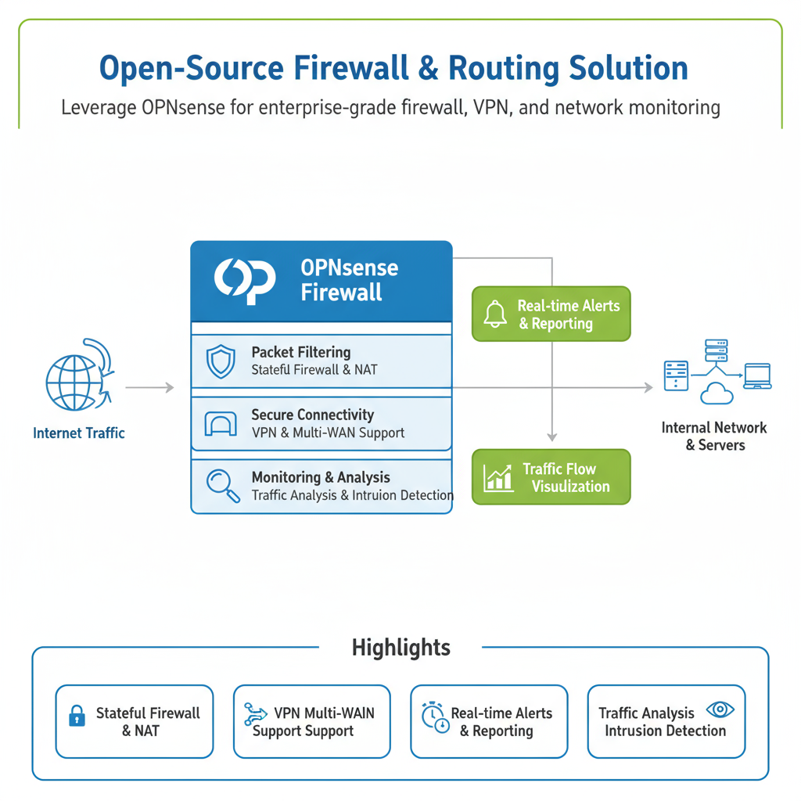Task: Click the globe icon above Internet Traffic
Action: click(74, 383)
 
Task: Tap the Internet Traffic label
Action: click(79, 433)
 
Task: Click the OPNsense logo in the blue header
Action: click(245, 281)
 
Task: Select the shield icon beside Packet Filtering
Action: click(220, 361)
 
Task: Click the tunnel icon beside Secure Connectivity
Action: click(220, 424)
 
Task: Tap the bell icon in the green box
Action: click(495, 314)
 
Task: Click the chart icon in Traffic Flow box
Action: click(498, 477)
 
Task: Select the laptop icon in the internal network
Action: click(757, 375)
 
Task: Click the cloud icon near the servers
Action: click(717, 393)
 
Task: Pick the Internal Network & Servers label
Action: click(714, 436)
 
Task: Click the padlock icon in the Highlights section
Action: click(77, 717)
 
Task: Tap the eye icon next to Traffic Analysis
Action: click(720, 709)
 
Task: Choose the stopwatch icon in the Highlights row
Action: click(434, 717)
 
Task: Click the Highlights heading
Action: click(401, 648)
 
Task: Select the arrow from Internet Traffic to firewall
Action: click(149, 387)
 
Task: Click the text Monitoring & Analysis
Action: click(321, 477)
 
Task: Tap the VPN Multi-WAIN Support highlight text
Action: click(313, 722)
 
